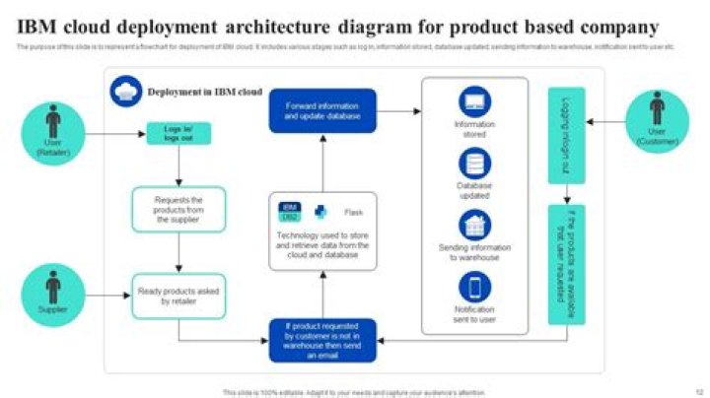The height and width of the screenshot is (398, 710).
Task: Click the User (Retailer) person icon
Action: point(52,122)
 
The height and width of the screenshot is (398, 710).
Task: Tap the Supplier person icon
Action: point(52,288)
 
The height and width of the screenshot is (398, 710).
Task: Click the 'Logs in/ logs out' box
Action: point(178,133)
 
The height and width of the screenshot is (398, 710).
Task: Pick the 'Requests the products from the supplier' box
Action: point(178,210)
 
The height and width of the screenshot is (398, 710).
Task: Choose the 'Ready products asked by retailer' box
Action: point(178,296)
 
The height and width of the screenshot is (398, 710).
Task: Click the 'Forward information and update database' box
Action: point(322,110)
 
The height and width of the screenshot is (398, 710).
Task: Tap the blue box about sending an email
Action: point(322,340)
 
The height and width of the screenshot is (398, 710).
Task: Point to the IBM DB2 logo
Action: point(290,212)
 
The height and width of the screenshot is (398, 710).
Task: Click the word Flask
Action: point(353,212)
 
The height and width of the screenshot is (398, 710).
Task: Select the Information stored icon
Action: point(474,101)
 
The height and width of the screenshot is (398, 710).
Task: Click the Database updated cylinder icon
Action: point(474,164)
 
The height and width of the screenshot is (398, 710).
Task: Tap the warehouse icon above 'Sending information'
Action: point(474,226)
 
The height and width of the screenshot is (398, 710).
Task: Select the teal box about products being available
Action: point(566,265)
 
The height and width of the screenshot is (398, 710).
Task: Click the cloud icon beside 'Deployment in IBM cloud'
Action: point(126,91)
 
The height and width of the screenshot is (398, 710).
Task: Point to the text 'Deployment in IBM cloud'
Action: point(204,92)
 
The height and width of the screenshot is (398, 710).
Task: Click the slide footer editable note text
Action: point(354,391)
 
